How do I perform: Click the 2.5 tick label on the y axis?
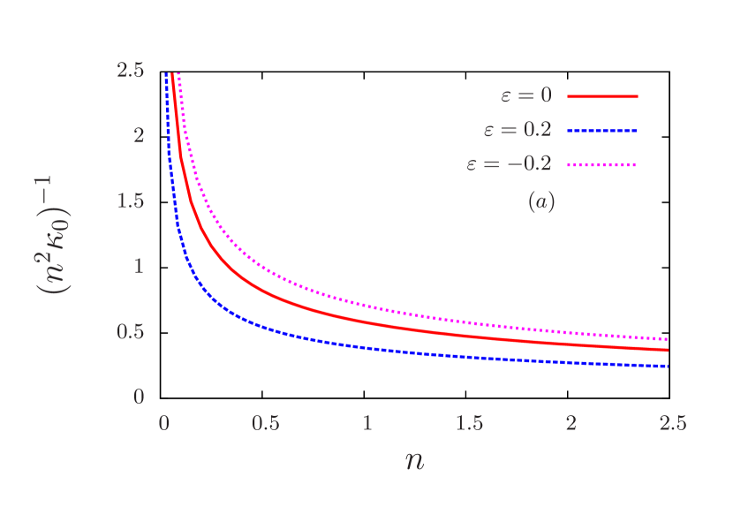131,70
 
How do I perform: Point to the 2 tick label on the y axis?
139,135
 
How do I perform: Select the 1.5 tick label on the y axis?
131,201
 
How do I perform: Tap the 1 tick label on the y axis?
139,266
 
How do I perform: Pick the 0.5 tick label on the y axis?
131,331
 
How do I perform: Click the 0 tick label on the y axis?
139,397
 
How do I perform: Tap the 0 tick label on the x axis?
163,423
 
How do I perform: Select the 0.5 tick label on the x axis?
266,423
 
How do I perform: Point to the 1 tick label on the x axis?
367,423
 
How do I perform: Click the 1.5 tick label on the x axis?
470,423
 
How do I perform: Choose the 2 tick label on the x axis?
571,423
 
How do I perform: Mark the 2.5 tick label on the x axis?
673,423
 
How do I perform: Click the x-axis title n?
414,460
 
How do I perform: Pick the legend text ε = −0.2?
510,163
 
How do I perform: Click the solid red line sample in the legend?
601,96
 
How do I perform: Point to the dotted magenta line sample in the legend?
601,164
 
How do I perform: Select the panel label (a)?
541,201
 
